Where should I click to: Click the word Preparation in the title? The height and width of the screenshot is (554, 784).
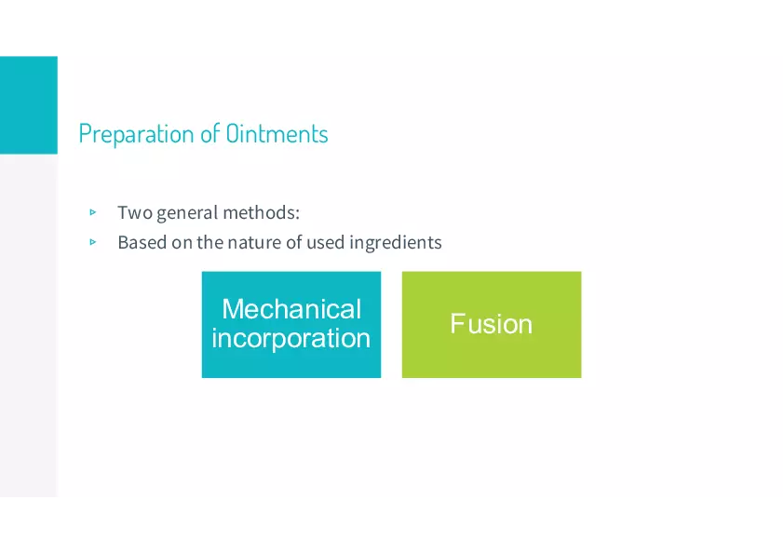click(x=137, y=134)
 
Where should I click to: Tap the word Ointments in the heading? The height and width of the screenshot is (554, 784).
click(x=277, y=133)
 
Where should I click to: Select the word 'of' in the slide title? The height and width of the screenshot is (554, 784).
click(x=210, y=133)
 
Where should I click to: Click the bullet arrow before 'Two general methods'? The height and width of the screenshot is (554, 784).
click(x=92, y=212)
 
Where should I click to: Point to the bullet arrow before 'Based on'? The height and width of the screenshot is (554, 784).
click(x=92, y=242)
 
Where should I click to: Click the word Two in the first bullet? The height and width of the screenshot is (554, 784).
click(x=135, y=212)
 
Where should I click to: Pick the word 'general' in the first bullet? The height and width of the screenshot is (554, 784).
click(x=188, y=213)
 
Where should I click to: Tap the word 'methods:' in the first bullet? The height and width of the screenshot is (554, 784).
click(x=262, y=212)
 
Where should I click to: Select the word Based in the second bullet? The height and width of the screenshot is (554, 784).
click(x=142, y=242)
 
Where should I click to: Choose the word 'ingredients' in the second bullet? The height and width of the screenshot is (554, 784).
click(x=396, y=243)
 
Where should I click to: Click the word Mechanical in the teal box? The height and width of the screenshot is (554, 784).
click(x=291, y=309)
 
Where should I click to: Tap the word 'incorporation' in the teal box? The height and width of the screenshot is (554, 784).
click(x=291, y=339)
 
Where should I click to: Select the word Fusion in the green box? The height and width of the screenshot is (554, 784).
click(x=491, y=324)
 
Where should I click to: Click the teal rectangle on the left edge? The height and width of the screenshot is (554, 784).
click(x=29, y=105)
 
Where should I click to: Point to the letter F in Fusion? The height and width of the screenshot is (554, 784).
click(x=458, y=323)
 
